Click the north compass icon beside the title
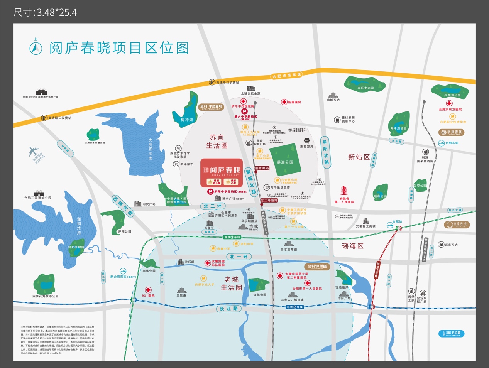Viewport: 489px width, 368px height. coord(36,48)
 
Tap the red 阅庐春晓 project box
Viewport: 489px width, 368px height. coord(222,173)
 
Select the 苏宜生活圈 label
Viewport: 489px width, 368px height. coord(217,141)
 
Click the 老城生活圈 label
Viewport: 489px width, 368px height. coord(232,283)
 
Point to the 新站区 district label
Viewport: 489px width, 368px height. coord(359,157)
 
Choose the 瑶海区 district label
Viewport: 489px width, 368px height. coord(352,246)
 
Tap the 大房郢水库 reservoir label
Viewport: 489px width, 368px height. coord(150,149)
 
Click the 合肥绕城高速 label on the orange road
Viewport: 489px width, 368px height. coord(286,76)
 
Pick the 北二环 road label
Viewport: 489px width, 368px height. coord(213,206)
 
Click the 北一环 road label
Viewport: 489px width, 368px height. coord(239,257)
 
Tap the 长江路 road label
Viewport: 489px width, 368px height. coord(229,309)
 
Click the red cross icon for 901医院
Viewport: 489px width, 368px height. coord(148,290)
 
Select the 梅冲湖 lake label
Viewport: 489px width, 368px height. coord(187,120)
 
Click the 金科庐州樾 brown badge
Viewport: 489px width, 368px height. coord(317,266)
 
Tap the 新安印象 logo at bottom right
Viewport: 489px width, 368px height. coord(452,333)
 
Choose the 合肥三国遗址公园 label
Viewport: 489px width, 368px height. coord(38,198)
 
